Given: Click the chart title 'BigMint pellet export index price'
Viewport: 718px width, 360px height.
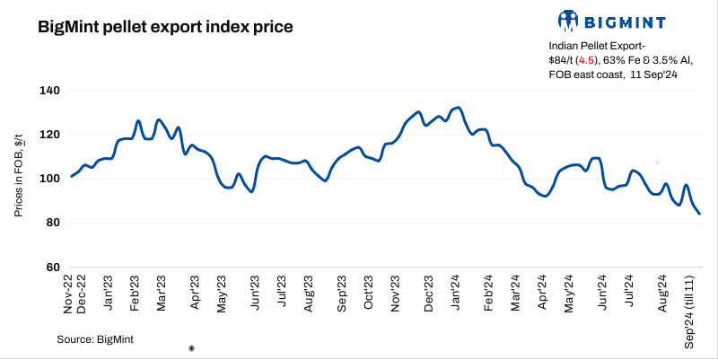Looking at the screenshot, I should click(164, 27).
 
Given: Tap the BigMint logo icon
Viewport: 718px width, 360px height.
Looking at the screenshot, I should click(567, 20).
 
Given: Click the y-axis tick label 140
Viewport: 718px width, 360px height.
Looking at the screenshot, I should click(48, 91).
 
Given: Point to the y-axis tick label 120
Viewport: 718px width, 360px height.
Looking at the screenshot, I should click(48, 135).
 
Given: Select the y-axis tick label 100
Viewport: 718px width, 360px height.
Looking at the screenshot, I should click(48, 179).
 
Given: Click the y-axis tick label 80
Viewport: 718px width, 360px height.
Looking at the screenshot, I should click(51, 223).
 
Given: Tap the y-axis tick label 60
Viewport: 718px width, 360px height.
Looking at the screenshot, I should click(51, 267).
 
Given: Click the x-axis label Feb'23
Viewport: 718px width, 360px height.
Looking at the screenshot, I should click(136, 291).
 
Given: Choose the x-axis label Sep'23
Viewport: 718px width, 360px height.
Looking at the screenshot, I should click(341, 292).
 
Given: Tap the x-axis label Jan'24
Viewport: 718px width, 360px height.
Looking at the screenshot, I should click(458, 291).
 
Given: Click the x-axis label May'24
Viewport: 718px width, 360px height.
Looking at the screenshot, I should click(568, 292).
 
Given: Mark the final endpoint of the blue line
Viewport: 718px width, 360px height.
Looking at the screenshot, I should click(700, 214).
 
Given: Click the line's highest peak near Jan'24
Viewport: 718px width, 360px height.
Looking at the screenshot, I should click(459, 108).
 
